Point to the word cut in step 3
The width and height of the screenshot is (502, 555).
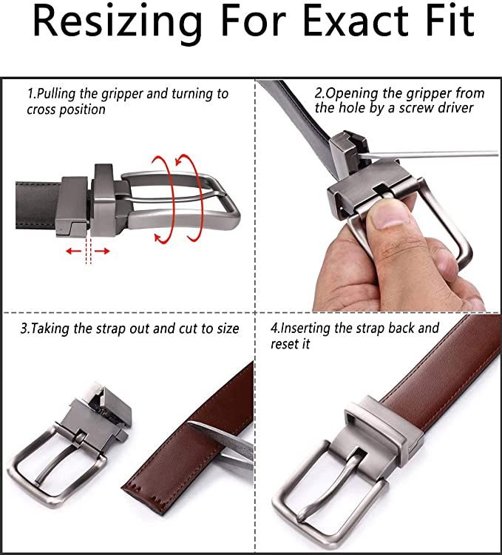[x=189, y=329]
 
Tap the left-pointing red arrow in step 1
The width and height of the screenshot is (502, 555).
[x=73, y=252]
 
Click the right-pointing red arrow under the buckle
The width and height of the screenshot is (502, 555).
[x=102, y=252]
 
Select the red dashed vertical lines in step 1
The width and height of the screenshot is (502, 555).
[x=89, y=251]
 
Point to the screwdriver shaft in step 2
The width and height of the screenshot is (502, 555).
[x=428, y=155]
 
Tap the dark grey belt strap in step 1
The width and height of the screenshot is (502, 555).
[x=36, y=206]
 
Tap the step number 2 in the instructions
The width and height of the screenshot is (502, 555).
[x=318, y=93]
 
